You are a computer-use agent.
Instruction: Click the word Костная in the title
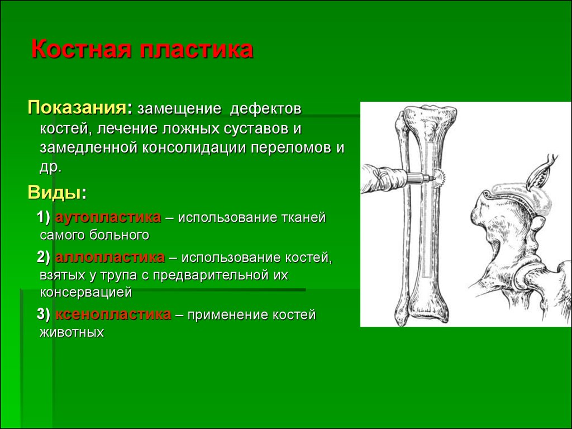coord(81,49)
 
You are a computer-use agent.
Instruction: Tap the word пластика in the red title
coord(196,49)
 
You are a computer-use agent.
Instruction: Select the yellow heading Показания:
coord(80,108)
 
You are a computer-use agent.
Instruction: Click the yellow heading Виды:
coord(58,192)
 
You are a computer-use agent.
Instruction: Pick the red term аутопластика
coord(108,217)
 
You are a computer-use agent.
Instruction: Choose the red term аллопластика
coord(110,257)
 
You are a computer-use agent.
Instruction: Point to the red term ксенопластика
coord(113,314)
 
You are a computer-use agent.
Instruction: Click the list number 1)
coord(44,217)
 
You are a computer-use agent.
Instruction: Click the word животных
coord(72,332)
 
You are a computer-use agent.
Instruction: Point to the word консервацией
coord(85,292)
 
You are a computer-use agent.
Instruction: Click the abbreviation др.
coord(50,167)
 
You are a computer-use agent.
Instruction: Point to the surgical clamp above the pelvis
coord(542,171)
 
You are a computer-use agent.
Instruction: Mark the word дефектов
coord(265,109)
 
